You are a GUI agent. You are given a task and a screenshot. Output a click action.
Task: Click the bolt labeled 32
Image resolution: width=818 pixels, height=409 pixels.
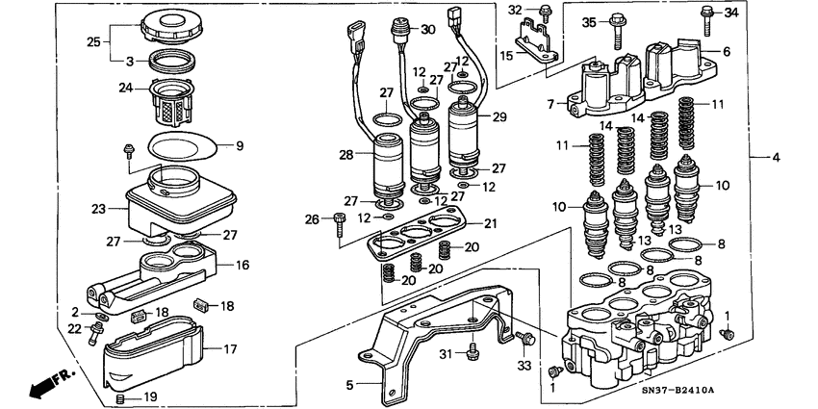pos(545,13)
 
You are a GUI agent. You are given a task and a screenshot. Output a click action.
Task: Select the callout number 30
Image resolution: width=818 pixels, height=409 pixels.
pos(427,30)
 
